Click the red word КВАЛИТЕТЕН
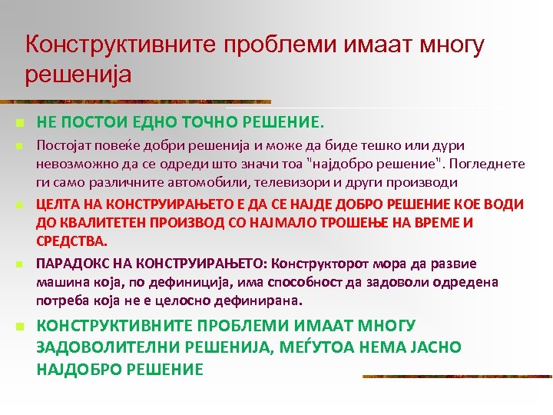click(x=105, y=223)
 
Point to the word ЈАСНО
click(x=435, y=347)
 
